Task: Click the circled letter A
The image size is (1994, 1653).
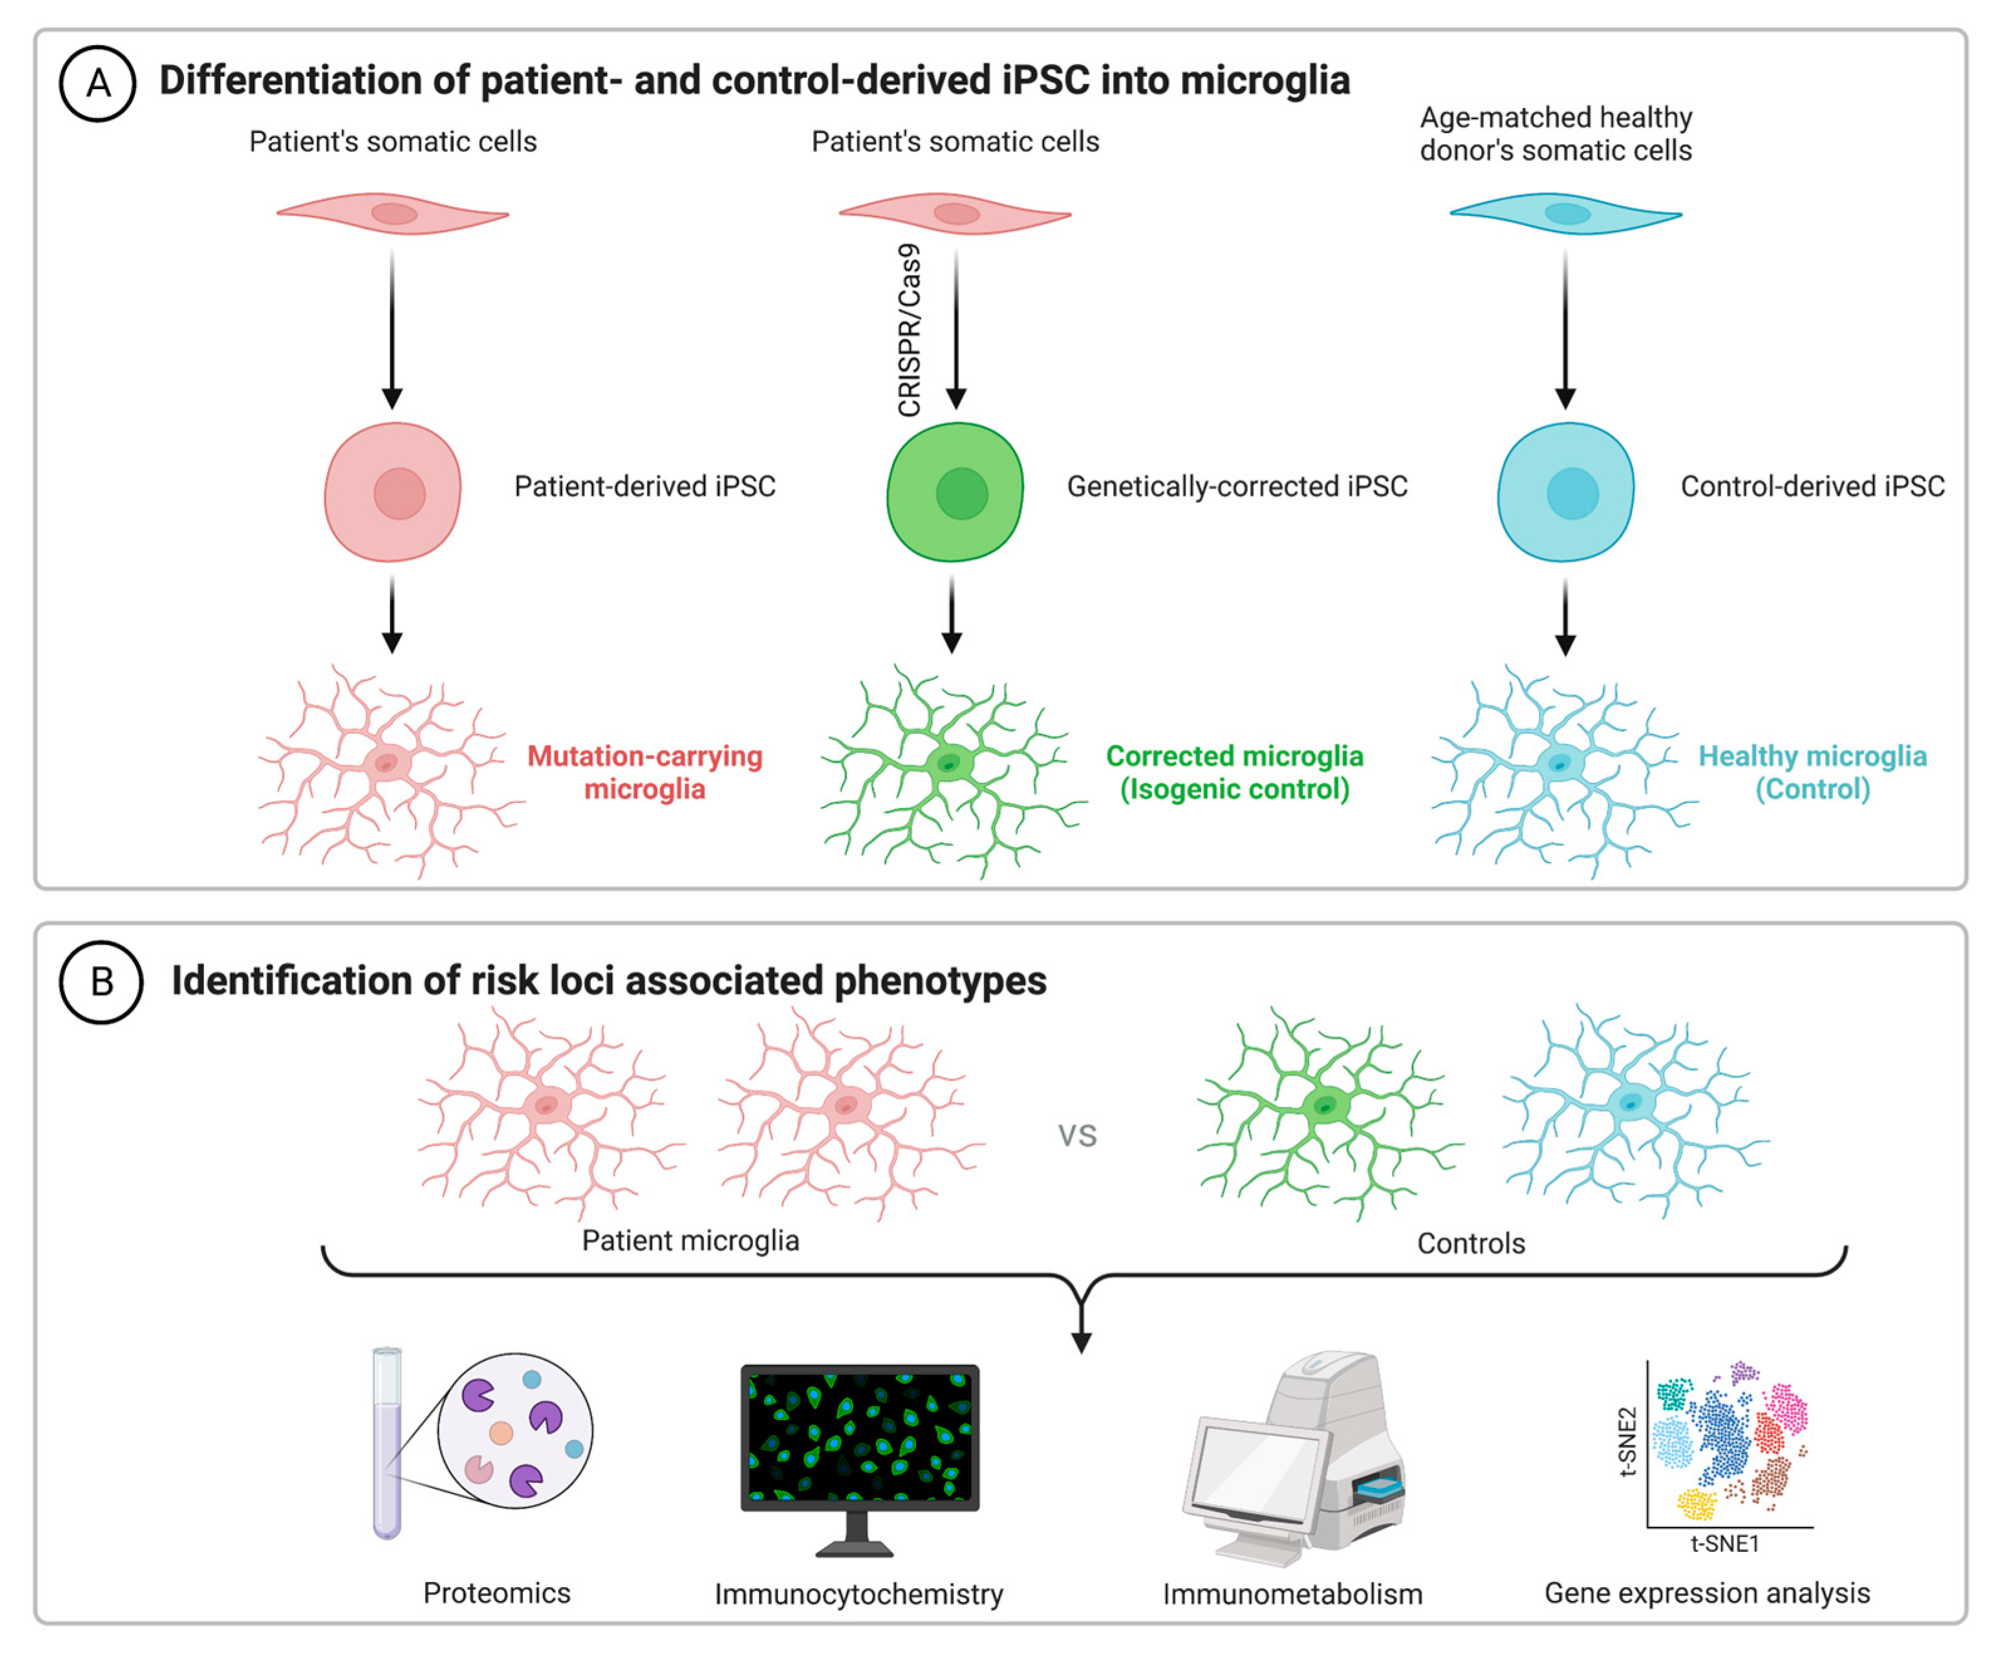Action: pyautogui.click(x=98, y=83)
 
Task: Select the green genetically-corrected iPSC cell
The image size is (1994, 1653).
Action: pyautogui.click(x=955, y=492)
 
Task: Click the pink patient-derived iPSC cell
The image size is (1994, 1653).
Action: pyautogui.click(x=393, y=492)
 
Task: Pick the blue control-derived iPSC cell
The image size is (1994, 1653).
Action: pyautogui.click(x=1566, y=492)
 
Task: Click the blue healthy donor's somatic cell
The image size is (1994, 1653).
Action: pyautogui.click(x=1566, y=213)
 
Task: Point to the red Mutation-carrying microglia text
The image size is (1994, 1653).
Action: pyautogui.click(x=645, y=772)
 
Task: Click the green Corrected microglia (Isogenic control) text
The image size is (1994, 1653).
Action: pyautogui.click(x=1234, y=772)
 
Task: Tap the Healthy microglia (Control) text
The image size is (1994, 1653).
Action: pyautogui.click(x=1812, y=772)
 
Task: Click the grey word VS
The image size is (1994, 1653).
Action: pyautogui.click(x=1078, y=1136)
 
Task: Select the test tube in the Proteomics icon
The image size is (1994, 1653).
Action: pyautogui.click(x=387, y=1443)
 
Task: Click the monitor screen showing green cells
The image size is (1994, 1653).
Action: pyautogui.click(x=860, y=1436)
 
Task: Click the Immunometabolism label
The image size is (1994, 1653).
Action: pyautogui.click(x=1292, y=1594)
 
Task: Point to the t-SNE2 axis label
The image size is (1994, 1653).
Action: pyautogui.click(x=1627, y=1441)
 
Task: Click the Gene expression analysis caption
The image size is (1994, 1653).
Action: pyautogui.click(x=1706, y=1592)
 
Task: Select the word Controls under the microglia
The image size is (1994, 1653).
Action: pyautogui.click(x=1471, y=1243)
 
